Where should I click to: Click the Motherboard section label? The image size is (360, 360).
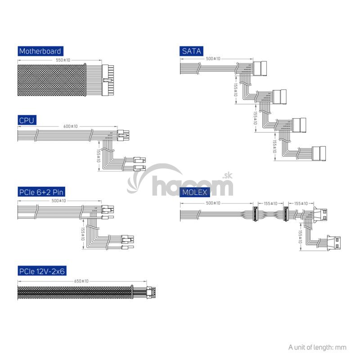point(40,51)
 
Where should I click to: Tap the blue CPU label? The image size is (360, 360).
point(27,120)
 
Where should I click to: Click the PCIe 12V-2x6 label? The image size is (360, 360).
point(42,271)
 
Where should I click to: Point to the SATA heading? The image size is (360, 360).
point(191,51)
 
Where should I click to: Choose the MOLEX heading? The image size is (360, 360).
point(194,192)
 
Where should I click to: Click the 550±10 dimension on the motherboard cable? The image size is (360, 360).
point(63,60)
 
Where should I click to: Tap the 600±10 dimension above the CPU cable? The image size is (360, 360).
point(71,126)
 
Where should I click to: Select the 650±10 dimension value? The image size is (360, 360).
point(81,281)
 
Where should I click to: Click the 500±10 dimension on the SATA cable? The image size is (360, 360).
point(213,58)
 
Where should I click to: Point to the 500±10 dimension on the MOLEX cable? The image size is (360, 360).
point(213,203)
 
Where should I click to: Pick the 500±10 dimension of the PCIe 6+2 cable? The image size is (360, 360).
point(59,201)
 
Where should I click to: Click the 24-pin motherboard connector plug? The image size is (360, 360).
point(108,81)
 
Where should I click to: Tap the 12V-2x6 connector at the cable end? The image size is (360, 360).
point(151,292)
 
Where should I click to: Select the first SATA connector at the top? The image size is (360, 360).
point(260,68)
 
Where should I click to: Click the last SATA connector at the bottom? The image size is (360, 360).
point(319,153)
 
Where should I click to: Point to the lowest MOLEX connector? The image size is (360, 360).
point(333,242)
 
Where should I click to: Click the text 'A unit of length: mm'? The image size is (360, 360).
point(317,347)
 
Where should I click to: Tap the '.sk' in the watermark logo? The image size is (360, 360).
point(227,176)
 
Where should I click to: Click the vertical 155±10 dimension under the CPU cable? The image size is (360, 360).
point(99,156)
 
